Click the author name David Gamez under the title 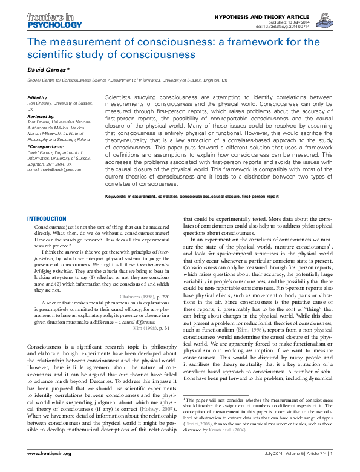50,70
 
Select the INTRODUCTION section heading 47,218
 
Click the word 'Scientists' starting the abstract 118,97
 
